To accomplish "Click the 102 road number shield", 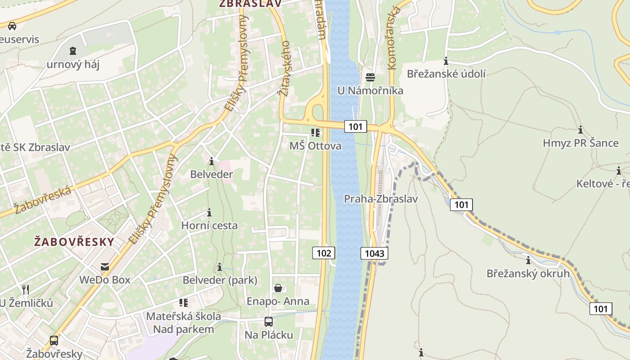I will tap(324, 253).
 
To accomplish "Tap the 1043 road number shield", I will tap(374, 253).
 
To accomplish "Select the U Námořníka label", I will tap(370, 90).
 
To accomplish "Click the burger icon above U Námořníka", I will tap(370, 77).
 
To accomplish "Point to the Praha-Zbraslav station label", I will tap(381, 198).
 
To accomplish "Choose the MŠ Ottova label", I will tap(315, 146).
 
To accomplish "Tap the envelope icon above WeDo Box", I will tap(105, 267).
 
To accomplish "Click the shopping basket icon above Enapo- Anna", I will tap(278, 288).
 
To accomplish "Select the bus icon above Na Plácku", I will tap(269, 322).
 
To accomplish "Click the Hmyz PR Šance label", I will tap(580, 143).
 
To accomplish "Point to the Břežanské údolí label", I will tap(446, 74).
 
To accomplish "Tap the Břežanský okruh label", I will tap(528, 273).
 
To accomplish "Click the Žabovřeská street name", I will tap(43, 200).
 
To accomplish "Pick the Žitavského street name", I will tap(284, 68).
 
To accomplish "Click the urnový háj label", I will tap(73, 64).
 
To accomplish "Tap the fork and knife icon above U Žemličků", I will tap(26, 289).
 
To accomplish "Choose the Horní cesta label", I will tap(209, 225).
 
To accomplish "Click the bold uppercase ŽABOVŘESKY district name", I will tap(74, 242).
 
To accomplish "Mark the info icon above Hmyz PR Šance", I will tap(580, 130).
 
